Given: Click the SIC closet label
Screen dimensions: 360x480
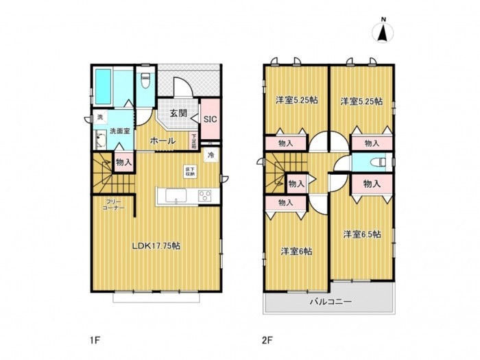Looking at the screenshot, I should pyautogui.click(x=211, y=119).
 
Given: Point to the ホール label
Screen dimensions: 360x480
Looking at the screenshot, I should pyautogui.click(x=162, y=140).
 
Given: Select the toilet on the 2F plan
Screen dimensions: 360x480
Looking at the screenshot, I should pyautogui.click(x=374, y=163).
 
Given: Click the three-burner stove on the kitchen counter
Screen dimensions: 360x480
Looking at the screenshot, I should pyautogui.click(x=206, y=196).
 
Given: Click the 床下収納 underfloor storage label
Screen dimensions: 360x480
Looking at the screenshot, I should pyautogui.click(x=189, y=171).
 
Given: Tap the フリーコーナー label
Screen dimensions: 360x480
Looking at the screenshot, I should pyautogui.click(x=115, y=204).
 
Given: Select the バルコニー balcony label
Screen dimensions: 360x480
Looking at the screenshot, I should pyautogui.click(x=330, y=301).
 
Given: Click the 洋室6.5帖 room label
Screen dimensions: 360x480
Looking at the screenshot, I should pyautogui.click(x=363, y=234).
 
